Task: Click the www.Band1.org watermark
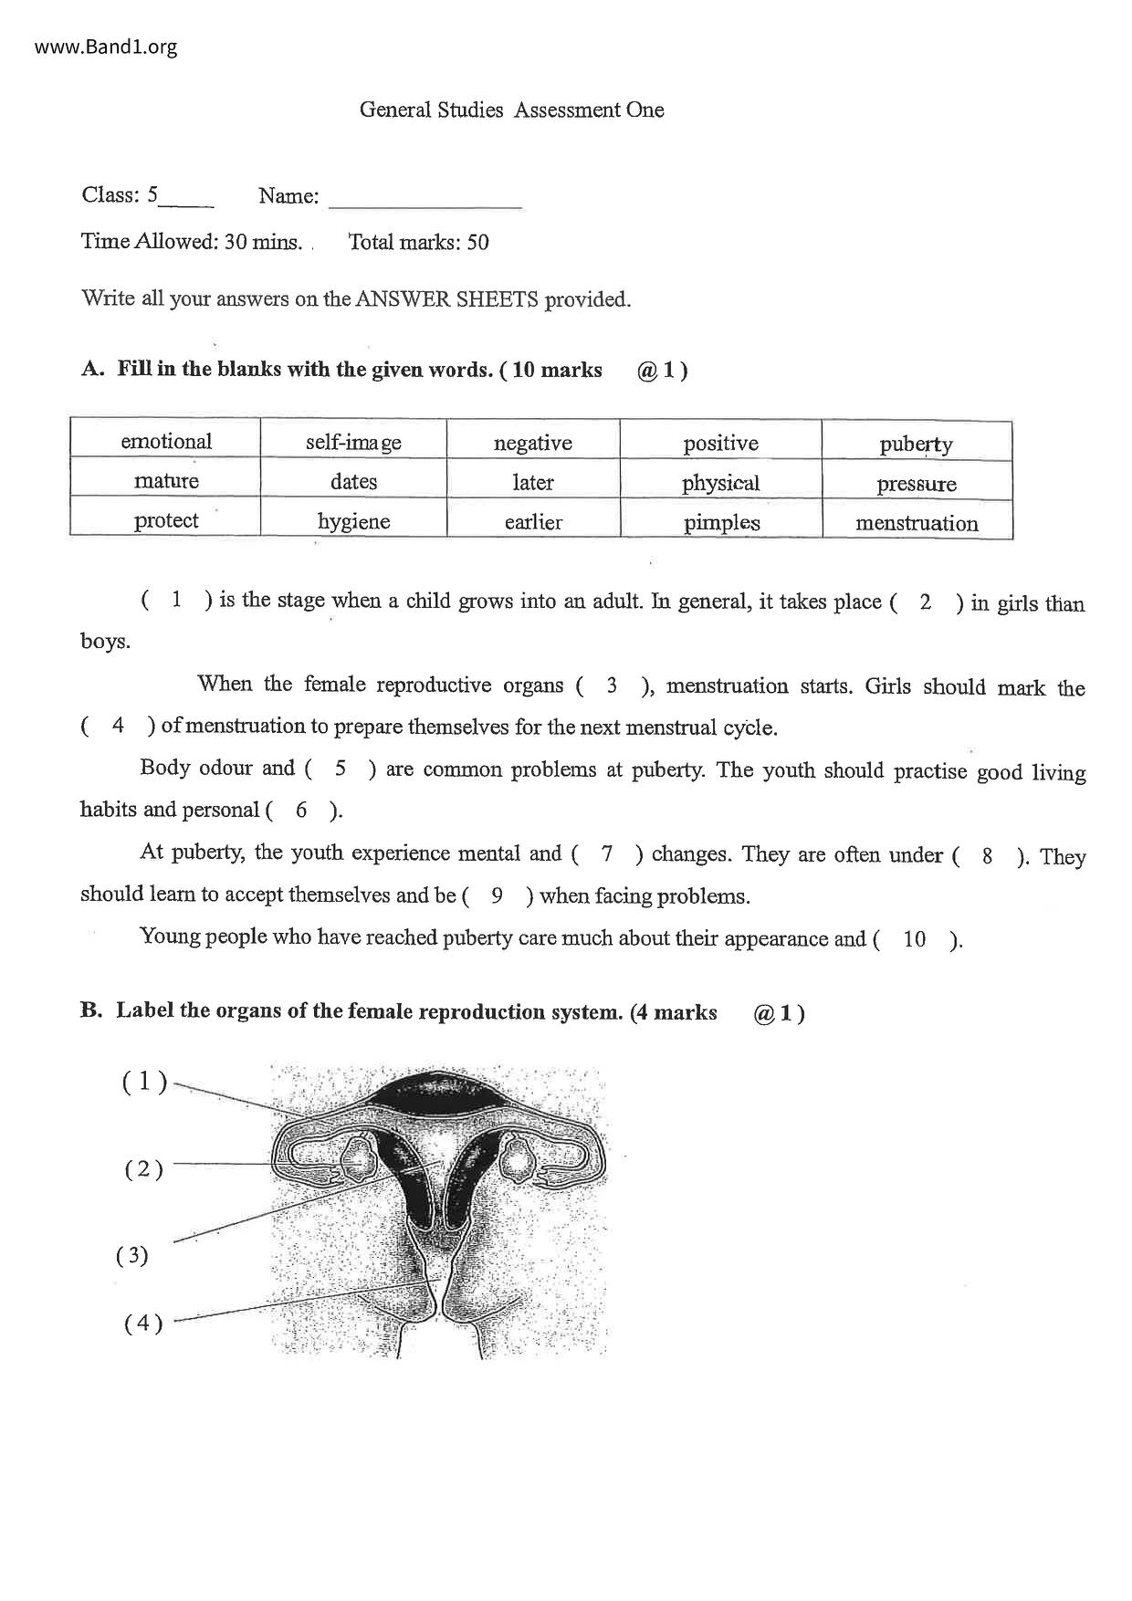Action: pyautogui.click(x=106, y=47)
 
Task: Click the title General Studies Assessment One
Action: pyautogui.click(x=511, y=110)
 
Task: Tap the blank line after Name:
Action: pyautogui.click(x=424, y=199)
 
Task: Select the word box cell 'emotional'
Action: pyautogui.click(x=166, y=442)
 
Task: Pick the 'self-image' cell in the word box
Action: pyautogui.click(x=353, y=443)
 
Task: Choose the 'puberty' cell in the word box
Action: pyautogui.click(x=916, y=445)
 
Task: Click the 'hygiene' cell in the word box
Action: pyautogui.click(x=353, y=521)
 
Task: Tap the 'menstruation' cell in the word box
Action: pyautogui.click(x=916, y=523)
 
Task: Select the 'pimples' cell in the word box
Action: pyautogui.click(x=721, y=523)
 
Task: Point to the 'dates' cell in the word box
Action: pyautogui.click(x=353, y=482)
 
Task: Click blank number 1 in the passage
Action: pyautogui.click(x=176, y=600)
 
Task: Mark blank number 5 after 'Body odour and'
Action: pyautogui.click(x=341, y=769)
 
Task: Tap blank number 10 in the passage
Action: pyautogui.click(x=914, y=939)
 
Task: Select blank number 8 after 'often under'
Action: pyautogui.click(x=987, y=856)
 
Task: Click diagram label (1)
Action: pyautogui.click(x=144, y=1082)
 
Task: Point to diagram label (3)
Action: pyautogui.click(x=132, y=1255)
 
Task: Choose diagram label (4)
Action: pyautogui.click(x=143, y=1323)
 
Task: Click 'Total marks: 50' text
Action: pyautogui.click(x=418, y=242)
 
